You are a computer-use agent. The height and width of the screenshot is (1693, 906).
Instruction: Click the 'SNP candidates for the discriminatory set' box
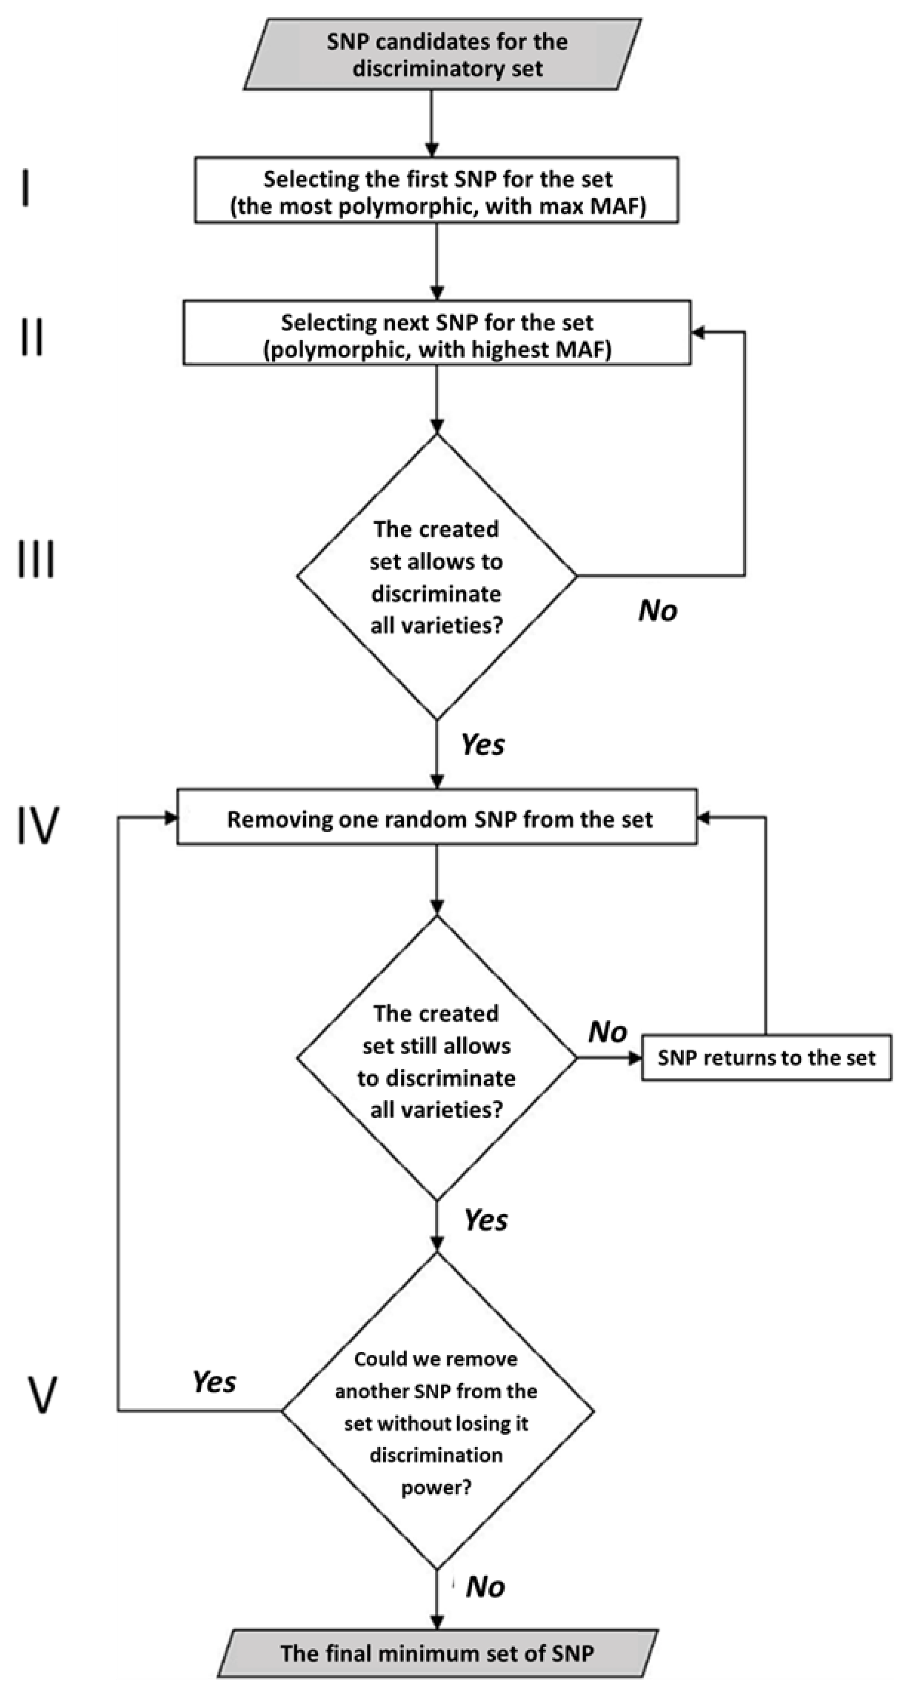click(443, 54)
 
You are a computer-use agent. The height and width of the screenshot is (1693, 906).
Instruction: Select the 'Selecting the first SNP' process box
click(436, 191)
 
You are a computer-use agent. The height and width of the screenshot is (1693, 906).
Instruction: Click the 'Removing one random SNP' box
click(436, 819)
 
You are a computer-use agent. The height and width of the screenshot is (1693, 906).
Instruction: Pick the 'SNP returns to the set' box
click(766, 1057)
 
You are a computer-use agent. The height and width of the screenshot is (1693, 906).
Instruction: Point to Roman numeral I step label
click(26, 187)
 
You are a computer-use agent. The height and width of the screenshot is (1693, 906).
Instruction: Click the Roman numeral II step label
click(32, 337)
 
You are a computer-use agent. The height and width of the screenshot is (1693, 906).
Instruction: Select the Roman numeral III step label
click(36, 559)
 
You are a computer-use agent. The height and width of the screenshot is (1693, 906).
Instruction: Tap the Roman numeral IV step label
click(38, 825)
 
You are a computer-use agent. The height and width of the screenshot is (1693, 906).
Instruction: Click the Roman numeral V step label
click(41, 1395)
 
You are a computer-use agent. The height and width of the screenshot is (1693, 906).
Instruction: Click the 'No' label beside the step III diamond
click(658, 610)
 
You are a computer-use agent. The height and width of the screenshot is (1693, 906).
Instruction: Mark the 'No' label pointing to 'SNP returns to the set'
click(608, 1032)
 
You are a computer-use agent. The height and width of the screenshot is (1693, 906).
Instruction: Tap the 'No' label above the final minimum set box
click(486, 1587)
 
